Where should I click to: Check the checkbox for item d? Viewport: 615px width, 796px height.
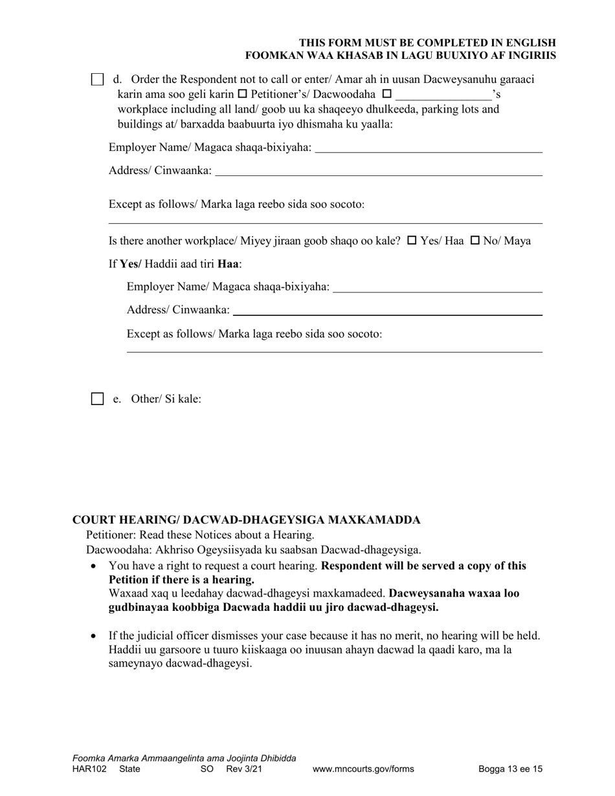pyautogui.click(x=97, y=80)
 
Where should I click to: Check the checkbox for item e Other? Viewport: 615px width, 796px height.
pyautogui.click(x=97, y=399)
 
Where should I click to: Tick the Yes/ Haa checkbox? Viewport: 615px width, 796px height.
pyautogui.click(x=412, y=241)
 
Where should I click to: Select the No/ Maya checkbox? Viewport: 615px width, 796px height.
pyautogui.click(x=475, y=241)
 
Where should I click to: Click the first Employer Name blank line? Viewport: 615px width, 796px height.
pyautogui.click(x=428, y=149)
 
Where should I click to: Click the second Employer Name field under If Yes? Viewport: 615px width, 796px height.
pyautogui.click(x=438, y=287)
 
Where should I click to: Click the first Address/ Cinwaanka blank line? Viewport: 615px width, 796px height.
pyautogui.click(x=378, y=171)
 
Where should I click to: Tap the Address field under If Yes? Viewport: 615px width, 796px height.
pyautogui.click(x=387, y=311)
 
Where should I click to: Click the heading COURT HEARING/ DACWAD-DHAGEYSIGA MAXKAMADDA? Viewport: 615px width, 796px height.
pyautogui.click(x=246, y=520)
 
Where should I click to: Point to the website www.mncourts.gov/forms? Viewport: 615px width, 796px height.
pyautogui.click(x=363, y=769)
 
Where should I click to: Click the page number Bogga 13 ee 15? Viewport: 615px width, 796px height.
pyautogui.click(x=510, y=769)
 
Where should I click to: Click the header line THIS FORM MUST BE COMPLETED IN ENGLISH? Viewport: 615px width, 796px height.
pyautogui.click(x=427, y=43)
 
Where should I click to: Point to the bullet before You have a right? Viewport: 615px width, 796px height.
pyautogui.click(x=95, y=566)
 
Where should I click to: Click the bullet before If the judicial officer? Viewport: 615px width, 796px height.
pyautogui.click(x=95, y=636)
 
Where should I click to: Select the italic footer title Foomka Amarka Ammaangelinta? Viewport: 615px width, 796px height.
pyautogui.click(x=184, y=758)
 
